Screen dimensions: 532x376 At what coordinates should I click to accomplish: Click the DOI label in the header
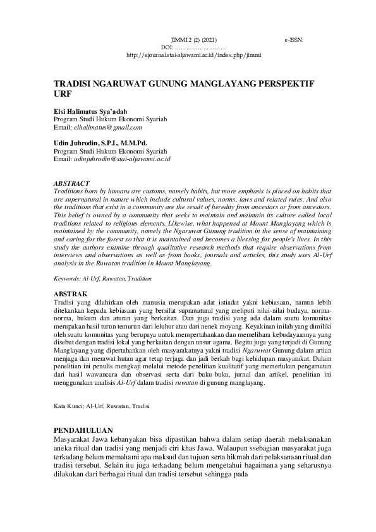coord(167,47)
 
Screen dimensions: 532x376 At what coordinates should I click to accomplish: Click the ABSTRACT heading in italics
coord(71,183)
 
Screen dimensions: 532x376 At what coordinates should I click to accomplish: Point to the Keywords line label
coord(67,278)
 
